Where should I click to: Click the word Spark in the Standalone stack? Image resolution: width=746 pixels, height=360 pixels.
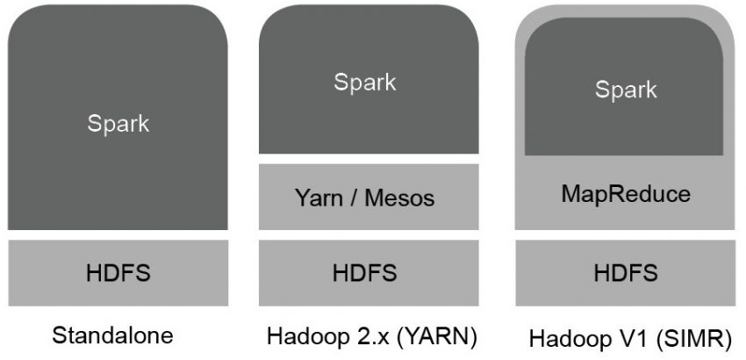[118, 124]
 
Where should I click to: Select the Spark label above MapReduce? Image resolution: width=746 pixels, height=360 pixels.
[625, 90]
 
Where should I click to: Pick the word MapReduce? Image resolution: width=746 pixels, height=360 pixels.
[625, 192]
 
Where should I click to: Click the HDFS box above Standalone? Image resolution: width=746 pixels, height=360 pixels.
[118, 272]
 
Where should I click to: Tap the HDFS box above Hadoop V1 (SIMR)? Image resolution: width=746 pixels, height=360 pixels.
[625, 272]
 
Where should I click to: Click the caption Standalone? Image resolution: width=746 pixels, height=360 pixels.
[113, 335]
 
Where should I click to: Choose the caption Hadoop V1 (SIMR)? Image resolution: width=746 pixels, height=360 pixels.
[628, 338]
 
